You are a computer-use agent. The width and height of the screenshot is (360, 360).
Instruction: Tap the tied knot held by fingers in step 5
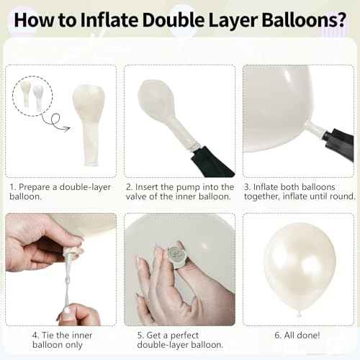click(x=177, y=256)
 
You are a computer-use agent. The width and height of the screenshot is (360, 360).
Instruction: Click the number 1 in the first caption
click(x=13, y=186)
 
